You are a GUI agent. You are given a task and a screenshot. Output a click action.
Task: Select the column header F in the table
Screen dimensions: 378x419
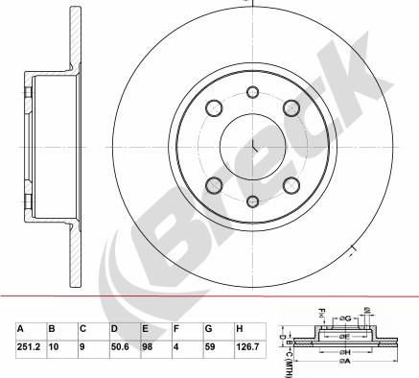(x=175, y=327)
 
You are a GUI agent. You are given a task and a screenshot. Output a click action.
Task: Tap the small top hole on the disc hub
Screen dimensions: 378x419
(x=253, y=92)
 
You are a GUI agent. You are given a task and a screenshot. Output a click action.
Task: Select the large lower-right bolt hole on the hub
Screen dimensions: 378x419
(x=290, y=182)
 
